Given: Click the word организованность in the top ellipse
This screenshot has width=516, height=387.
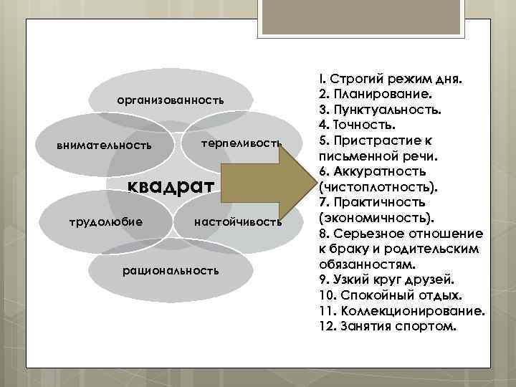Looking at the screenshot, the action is [x=171, y=100].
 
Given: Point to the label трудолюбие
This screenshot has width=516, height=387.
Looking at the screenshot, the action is [x=105, y=221].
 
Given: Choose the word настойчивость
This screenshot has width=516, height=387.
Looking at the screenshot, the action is [x=238, y=222].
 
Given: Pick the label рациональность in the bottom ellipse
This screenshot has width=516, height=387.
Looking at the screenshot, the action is [x=171, y=271].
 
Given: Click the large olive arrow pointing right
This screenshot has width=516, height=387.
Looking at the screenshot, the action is [x=262, y=187].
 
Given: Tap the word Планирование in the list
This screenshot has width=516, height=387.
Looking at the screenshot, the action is [x=380, y=94].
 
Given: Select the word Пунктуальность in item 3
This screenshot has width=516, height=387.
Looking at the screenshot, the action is [x=386, y=110].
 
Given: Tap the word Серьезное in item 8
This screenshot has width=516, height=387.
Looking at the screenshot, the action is [x=368, y=234].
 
